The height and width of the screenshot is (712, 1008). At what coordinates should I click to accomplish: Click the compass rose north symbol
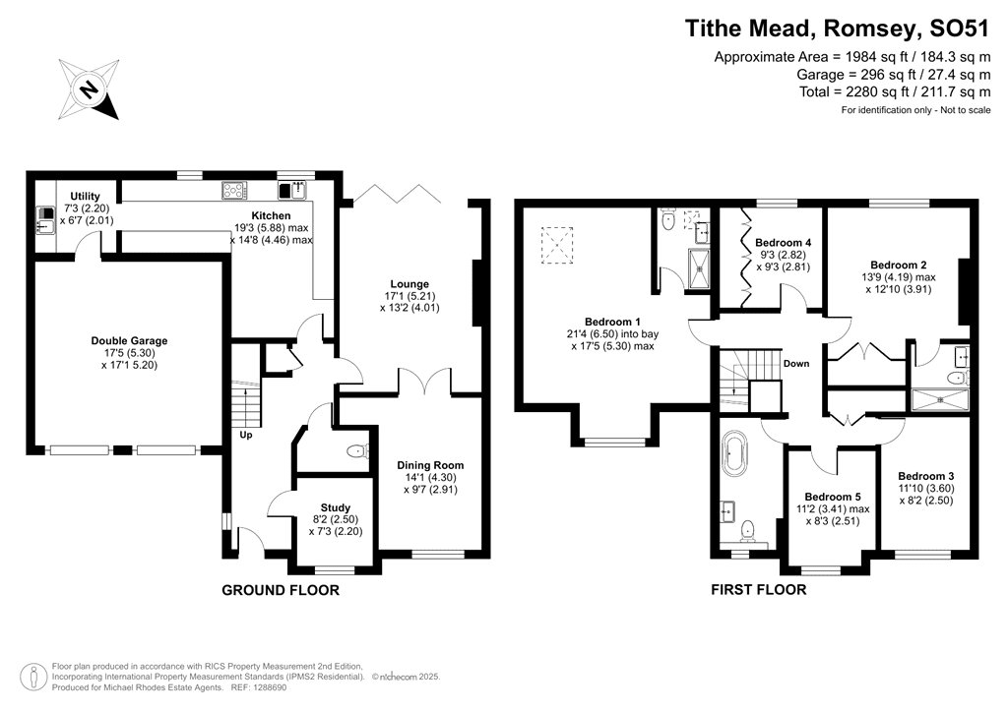click(89, 90)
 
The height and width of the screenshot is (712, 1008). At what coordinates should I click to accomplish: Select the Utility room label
click(85, 196)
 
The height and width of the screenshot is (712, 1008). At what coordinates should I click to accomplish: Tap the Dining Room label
click(430, 465)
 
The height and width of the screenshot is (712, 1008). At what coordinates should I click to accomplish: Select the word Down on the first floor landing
click(795, 363)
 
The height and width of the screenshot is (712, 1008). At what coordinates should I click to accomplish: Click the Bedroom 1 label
click(612, 322)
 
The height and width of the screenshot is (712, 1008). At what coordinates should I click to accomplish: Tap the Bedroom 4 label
click(783, 242)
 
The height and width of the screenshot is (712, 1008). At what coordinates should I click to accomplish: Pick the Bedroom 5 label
click(832, 496)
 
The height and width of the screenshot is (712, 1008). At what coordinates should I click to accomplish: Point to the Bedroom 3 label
click(925, 475)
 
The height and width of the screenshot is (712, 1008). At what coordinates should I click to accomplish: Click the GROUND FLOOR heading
click(281, 590)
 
